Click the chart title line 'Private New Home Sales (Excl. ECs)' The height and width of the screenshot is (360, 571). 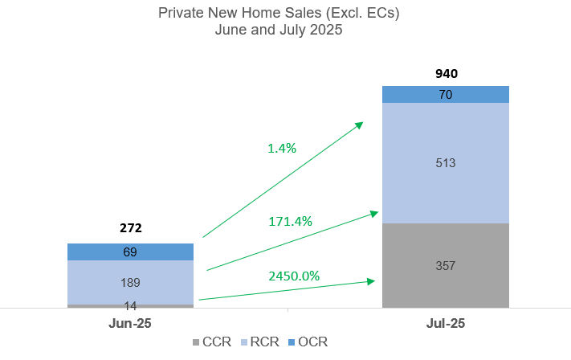point(279,13)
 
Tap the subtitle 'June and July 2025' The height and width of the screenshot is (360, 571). point(279,31)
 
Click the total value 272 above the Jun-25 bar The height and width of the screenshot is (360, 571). point(130,228)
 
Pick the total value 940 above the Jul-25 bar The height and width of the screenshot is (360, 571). point(446,73)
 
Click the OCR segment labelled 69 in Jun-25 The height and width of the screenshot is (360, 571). point(130,252)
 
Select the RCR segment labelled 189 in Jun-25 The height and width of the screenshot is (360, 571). point(130,282)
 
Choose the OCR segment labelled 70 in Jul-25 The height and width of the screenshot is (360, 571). point(446,95)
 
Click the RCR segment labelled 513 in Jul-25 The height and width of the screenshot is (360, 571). point(446,163)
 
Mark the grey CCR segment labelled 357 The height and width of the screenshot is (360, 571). point(446,265)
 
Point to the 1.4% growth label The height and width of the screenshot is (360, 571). point(282,148)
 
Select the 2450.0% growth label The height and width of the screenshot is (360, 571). point(294,276)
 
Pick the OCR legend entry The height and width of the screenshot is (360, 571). point(306,342)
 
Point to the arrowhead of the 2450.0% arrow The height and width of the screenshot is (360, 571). point(372,280)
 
